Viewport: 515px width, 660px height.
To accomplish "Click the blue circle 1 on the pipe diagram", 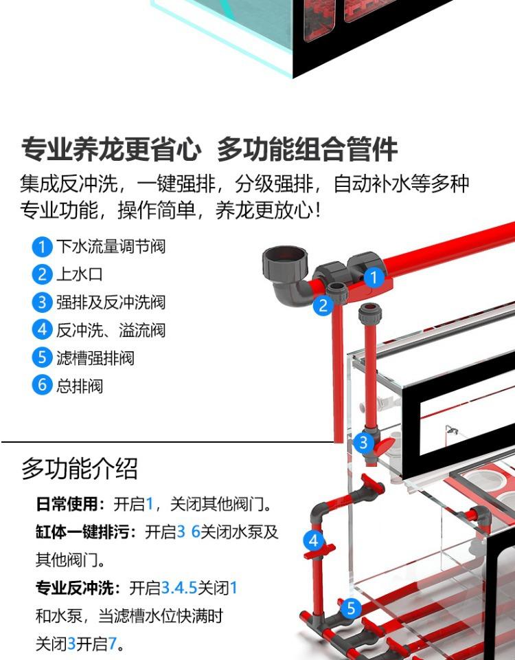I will point(373,278).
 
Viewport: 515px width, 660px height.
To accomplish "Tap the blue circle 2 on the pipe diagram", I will point(323,306).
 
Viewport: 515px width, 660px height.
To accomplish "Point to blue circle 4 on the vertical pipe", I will point(314,540).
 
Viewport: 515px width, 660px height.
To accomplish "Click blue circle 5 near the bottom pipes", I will point(351,608).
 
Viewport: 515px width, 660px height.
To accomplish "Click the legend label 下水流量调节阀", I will point(111,246).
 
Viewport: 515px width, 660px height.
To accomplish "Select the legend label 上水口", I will point(79,274).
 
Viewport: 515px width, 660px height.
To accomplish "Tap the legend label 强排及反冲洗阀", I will point(111,302).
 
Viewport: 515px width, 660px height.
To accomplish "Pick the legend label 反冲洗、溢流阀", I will point(111,330).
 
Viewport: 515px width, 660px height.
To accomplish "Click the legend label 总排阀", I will point(79,386).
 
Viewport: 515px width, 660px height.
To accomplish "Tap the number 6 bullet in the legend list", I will point(42,385).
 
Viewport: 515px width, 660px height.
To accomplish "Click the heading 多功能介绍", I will point(80,469).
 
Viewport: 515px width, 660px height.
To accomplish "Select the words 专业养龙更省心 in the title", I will point(111,149).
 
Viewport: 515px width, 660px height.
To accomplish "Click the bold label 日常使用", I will point(67,505).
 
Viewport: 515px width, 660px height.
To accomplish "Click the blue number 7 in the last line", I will point(113,645).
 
